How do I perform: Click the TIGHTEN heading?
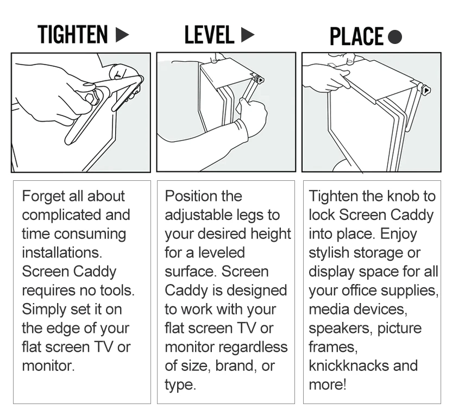coord(73,34)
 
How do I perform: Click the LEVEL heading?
coord(209,35)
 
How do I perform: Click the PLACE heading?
coord(356,36)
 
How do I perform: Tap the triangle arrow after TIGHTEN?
coord(122,35)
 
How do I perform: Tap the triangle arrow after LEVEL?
coord(248,35)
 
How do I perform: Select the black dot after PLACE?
coord(395,37)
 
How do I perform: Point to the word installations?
coord(62,253)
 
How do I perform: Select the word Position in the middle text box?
coord(189,196)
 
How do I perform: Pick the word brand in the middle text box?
coord(236,366)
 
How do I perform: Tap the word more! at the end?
coord(327,385)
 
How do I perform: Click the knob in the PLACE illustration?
coord(426,91)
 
